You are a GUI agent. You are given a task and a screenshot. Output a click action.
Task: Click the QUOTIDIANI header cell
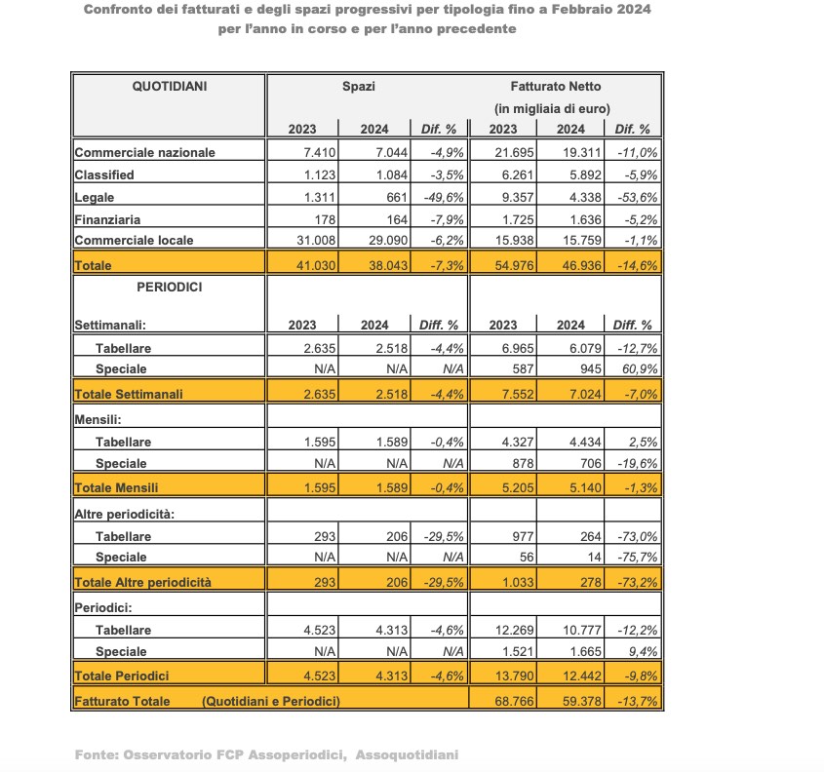[170, 87]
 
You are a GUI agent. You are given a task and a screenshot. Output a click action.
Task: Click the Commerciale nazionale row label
[145, 152]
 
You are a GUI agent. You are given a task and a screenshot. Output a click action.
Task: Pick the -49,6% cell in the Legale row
[439, 197]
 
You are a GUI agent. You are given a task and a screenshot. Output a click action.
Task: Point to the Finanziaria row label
[108, 219]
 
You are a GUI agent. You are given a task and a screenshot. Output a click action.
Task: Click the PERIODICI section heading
[170, 289]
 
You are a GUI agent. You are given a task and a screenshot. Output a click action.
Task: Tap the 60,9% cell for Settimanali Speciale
[635, 369]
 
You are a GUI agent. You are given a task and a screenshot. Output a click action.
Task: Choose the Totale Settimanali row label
[130, 394]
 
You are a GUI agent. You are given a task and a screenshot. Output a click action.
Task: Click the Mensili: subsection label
[98, 418]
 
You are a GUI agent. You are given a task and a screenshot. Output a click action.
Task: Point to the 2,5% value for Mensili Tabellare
[639, 442]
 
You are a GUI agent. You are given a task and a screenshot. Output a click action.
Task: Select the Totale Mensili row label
[116, 487]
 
